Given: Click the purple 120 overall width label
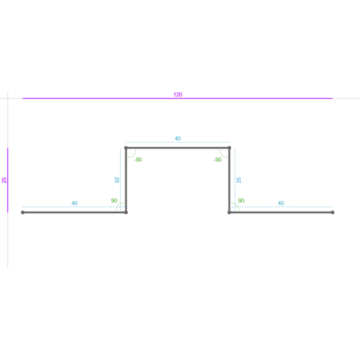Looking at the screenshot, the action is pos(178,94).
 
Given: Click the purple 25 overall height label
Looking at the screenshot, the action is pos(4,180).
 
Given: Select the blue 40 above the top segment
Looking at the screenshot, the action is pos(178,139).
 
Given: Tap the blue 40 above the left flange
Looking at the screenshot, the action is pos(74,203).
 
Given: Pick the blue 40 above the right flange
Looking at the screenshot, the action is pos(281,203).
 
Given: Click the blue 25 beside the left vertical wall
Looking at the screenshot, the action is pos(117,180).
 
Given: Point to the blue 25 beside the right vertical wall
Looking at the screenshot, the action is pos(239,180).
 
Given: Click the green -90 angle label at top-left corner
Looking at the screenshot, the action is pos(138,160).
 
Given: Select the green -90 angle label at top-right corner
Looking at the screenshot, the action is pos(217,160).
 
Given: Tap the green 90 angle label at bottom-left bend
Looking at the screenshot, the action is pos(114,201).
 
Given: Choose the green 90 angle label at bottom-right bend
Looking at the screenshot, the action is pos(241,200).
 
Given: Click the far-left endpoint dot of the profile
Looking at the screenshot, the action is pos(23,212).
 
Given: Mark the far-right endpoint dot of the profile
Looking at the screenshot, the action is pos(333,212).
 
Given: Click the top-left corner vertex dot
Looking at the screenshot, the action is pos(126,148).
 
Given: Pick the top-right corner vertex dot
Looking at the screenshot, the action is pos(229,148).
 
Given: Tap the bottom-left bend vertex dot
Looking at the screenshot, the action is pos(126,212).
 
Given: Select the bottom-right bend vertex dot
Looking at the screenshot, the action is pos(229,212).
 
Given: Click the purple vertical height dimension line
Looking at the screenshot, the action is pos(8,180).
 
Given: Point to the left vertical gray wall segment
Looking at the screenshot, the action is pos(126,180).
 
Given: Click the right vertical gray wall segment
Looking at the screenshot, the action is pos(229,180).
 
